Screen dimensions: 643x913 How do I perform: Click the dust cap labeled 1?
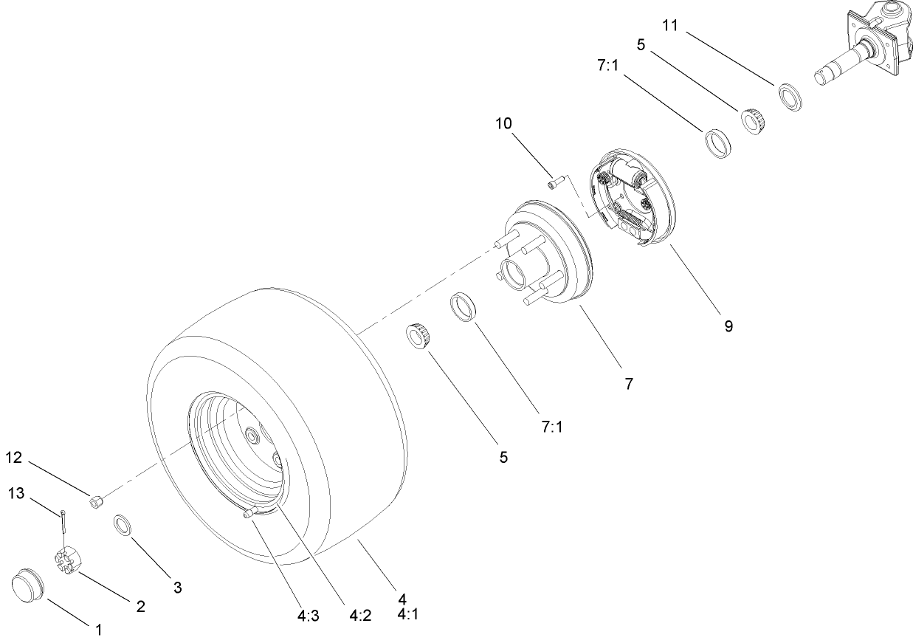pos(28,585)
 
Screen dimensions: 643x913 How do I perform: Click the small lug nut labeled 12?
pos(95,502)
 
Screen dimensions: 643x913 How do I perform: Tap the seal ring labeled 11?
pos(790,97)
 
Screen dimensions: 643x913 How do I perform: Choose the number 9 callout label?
pos(728,326)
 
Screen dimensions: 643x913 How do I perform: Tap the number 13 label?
pos(16,492)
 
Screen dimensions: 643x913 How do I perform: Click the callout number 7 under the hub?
pos(628,384)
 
